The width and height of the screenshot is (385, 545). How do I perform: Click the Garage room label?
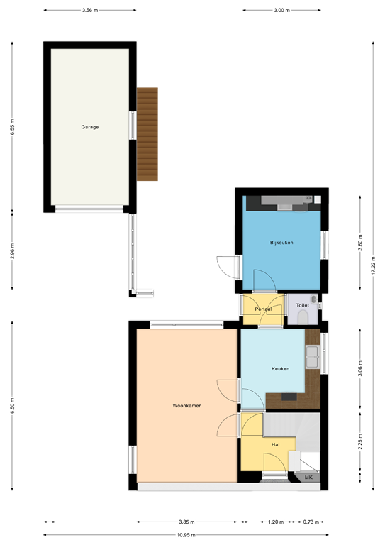click(90, 127)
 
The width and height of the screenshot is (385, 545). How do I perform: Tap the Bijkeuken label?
click(281, 243)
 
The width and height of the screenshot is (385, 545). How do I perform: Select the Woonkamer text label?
click(186, 406)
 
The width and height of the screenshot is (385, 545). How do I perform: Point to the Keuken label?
click(281, 369)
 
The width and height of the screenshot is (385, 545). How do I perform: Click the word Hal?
click(276, 444)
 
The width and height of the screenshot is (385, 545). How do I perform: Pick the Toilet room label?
click(302, 305)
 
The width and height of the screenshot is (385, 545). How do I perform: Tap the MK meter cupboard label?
click(308, 478)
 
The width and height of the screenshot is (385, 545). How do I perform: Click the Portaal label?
click(263, 309)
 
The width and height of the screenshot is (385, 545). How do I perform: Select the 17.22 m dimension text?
click(374, 265)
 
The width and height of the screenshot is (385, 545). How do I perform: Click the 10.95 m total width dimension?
click(186, 535)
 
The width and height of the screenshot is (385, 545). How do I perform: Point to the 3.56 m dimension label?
click(90, 10)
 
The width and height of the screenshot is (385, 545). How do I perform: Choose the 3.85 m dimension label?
click(186, 522)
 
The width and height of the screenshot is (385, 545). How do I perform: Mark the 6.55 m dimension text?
click(13, 127)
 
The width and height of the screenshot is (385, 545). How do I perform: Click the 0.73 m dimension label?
click(311, 522)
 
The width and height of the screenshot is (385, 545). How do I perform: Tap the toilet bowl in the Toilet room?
click(303, 317)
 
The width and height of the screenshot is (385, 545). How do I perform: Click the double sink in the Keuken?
click(312, 357)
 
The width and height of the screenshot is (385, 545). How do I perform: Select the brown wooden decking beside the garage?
click(147, 134)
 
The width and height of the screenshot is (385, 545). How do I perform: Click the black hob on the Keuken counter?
click(289, 397)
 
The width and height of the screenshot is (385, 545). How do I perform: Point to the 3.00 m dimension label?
click(282, 10)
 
